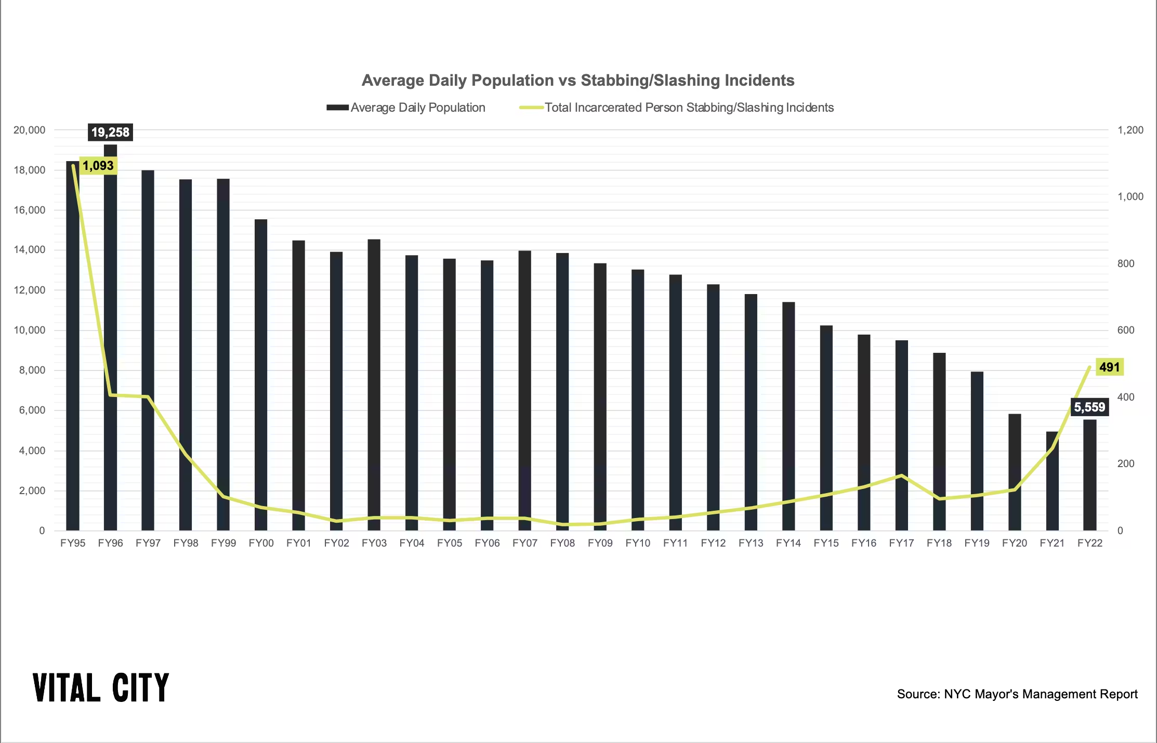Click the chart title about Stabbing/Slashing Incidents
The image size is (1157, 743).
coord(577,81)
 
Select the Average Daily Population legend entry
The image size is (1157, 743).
coord(406,108)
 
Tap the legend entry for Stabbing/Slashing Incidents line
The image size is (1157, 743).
coord(677,108)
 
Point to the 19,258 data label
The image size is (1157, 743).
coord(110,132)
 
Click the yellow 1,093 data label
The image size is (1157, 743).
coord(98,166)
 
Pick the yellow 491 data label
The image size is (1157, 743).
coord(1109,367)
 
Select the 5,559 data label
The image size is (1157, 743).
coord(1089,407)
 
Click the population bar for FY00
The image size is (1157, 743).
coord(261,374)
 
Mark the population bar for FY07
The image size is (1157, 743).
coord(525,390)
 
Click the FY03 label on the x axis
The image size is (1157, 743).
coord(374,543)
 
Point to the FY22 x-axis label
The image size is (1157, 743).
coord(1090,543)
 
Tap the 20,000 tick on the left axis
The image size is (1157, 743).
coord(30,130)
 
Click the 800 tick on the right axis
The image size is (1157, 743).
coord(1126,263)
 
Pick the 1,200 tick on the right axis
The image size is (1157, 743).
coord(1130,130)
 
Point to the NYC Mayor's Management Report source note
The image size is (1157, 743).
coord(1017,694)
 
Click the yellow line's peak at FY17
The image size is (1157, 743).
coord(902,475)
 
